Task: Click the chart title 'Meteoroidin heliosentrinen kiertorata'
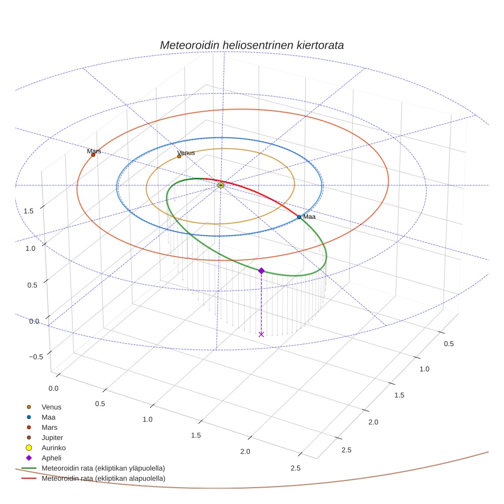tap(251, 45)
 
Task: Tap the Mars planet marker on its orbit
tap(93, 155)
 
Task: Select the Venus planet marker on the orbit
tap(179, 156)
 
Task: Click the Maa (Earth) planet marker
tap(299, 217)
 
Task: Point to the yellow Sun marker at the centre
tap(221, 185)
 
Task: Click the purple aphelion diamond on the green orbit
tap(261, 270)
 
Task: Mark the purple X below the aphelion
tap(261, 334)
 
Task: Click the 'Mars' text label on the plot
tap(94, 151)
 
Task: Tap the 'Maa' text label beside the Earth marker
tap(309, 217)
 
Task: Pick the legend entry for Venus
tap(51, 407)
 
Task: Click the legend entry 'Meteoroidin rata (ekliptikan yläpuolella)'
tap(103, 468)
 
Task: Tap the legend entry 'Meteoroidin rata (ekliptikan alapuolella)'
tap(103, 478)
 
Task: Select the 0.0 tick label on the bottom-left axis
tap(53, 388)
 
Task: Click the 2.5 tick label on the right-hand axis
tap(346, 450)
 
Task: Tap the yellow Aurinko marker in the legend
tap(29, 448)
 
